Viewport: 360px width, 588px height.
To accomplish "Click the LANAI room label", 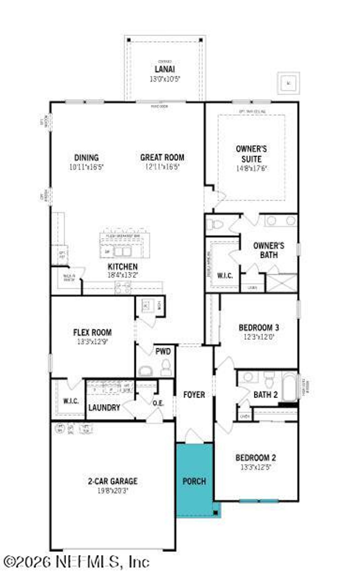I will [x=165, y=69].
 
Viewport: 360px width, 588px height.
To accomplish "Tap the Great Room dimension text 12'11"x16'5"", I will [x=163, y=167].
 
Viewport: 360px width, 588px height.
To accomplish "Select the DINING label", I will [x=86, y=158].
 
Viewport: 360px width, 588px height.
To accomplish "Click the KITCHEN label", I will [x=123, y=266].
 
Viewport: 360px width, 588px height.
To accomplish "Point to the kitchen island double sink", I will [x=122, y=251].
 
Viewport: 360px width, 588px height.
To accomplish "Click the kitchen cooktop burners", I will [x=123, y=288].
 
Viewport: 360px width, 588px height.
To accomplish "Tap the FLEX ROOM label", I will [x=92, y=333].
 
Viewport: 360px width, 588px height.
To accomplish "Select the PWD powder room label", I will [x=163, y=351].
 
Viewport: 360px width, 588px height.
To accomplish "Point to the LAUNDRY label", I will [x=104, y=407].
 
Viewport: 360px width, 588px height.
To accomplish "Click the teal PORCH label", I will [x=194, y=481].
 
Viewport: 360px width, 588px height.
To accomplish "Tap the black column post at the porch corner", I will [x=215, y=513].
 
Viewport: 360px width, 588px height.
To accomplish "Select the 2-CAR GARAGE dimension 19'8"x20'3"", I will [x=113, y=491].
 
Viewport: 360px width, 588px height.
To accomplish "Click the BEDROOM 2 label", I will [x=256, y=458].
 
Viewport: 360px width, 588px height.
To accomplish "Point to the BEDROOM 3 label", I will [x=259, y=327].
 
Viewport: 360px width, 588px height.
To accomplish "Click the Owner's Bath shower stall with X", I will [x=281, y=283].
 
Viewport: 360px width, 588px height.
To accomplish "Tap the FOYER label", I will [x=194, y=395].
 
